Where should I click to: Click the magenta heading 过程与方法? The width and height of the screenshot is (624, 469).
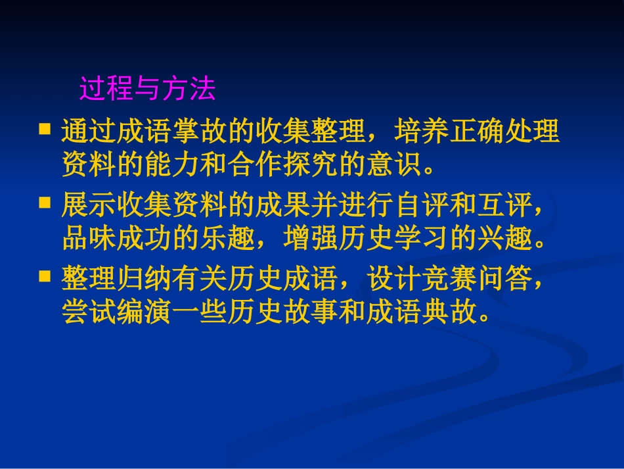click(147, 89)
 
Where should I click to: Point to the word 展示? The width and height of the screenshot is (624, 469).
click(89, 206)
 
